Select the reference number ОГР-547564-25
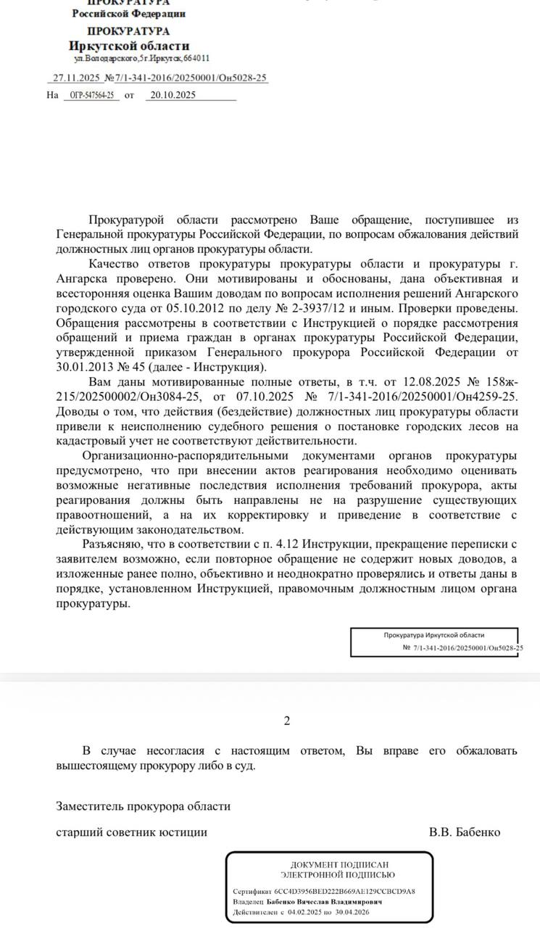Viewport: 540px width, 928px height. (x=92, y=95)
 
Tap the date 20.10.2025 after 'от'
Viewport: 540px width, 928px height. (x=173, y=95)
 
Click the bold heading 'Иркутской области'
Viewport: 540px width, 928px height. (x=128, y=46)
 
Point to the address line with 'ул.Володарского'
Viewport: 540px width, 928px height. (x=142, y=58)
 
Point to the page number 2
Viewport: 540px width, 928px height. (x=287, y=721)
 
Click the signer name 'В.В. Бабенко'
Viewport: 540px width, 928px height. (x=465, y=832)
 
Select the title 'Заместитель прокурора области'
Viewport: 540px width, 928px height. (x=144, y=805)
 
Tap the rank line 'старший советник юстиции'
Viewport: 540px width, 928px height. (x=132, y=832)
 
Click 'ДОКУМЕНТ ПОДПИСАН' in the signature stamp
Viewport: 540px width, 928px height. (x=330, y=865)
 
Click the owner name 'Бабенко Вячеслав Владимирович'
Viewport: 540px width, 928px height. (x=325, y=902)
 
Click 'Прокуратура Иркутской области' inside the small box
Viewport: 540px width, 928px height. (x=434, y=635)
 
